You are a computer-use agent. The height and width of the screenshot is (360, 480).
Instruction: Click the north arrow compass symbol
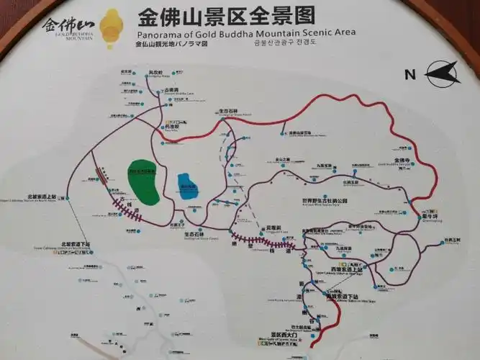click(x=442, y=71)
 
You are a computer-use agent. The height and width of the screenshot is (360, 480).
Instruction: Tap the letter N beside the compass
click(x=410, y=74)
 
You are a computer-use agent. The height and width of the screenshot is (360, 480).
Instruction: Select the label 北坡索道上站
click(x=42, y=196)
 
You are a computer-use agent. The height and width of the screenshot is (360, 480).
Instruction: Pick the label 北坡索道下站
click(x=76, y=243)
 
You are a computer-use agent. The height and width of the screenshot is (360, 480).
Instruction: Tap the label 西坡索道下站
click(x=345, y=296)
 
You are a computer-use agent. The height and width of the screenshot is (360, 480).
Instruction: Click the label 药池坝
click(x=171, y=127)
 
